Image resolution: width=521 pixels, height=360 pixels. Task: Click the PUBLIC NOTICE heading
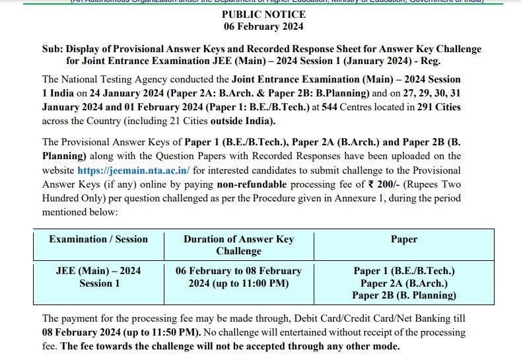(263, 15)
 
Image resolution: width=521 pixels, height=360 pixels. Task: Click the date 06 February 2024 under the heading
(263, 26)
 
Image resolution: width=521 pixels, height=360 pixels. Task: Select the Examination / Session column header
(98, 239)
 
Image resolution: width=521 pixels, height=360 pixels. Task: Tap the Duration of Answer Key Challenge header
(238, 244)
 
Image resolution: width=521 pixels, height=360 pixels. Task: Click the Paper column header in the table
(404, 239)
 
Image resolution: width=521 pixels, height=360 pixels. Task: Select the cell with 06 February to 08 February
(238, 277)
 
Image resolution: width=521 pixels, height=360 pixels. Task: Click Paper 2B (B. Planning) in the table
(404, 295)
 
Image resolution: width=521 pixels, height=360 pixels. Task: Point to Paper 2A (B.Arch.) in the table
(404, 283)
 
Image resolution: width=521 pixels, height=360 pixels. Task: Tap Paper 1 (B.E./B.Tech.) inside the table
(404, 271)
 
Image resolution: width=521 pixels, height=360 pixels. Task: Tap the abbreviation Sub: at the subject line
(50, 49)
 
